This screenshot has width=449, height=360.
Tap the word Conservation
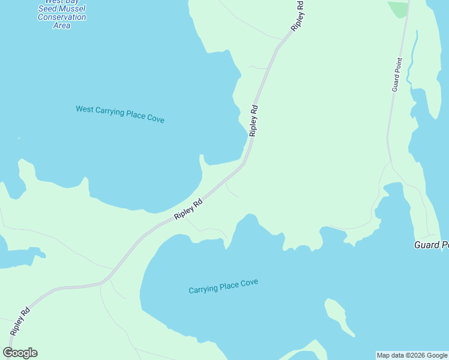click(62, 17)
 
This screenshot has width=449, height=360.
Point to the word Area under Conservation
click(62, 25)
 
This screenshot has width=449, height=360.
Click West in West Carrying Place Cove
click(85, 109)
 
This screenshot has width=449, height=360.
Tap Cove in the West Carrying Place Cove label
click(155, 119)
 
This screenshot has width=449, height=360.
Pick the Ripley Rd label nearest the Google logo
click(20, 322)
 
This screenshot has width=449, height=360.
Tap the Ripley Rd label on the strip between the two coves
click(188, 209)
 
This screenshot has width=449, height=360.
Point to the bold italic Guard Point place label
click(432, 245)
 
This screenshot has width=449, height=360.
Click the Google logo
click(20, 353)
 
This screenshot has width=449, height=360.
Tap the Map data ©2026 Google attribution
click(412, 355)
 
